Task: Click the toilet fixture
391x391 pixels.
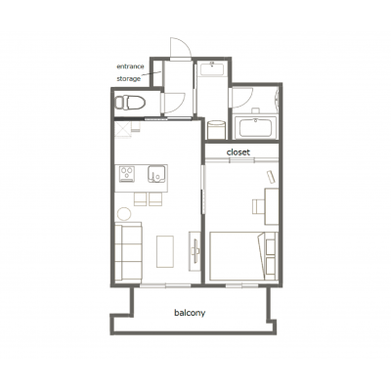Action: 130,103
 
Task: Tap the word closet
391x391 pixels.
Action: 239,152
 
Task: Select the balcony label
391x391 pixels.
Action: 190,313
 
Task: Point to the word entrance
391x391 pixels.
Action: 130,66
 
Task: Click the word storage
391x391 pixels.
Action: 129,79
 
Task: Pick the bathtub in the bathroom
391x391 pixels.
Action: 256,127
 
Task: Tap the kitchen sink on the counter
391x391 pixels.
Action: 157,174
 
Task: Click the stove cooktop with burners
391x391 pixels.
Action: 127,174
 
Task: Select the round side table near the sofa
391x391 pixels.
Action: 124,214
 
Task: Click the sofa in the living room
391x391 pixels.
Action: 128,252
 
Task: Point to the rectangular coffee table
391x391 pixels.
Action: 165,251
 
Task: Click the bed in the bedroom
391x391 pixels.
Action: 243,256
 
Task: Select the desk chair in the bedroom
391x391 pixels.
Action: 258,206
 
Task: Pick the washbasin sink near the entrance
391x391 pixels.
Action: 212,68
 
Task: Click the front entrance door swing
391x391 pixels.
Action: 180,47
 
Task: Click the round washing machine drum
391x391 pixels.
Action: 216,129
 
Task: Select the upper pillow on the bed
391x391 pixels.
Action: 271,246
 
